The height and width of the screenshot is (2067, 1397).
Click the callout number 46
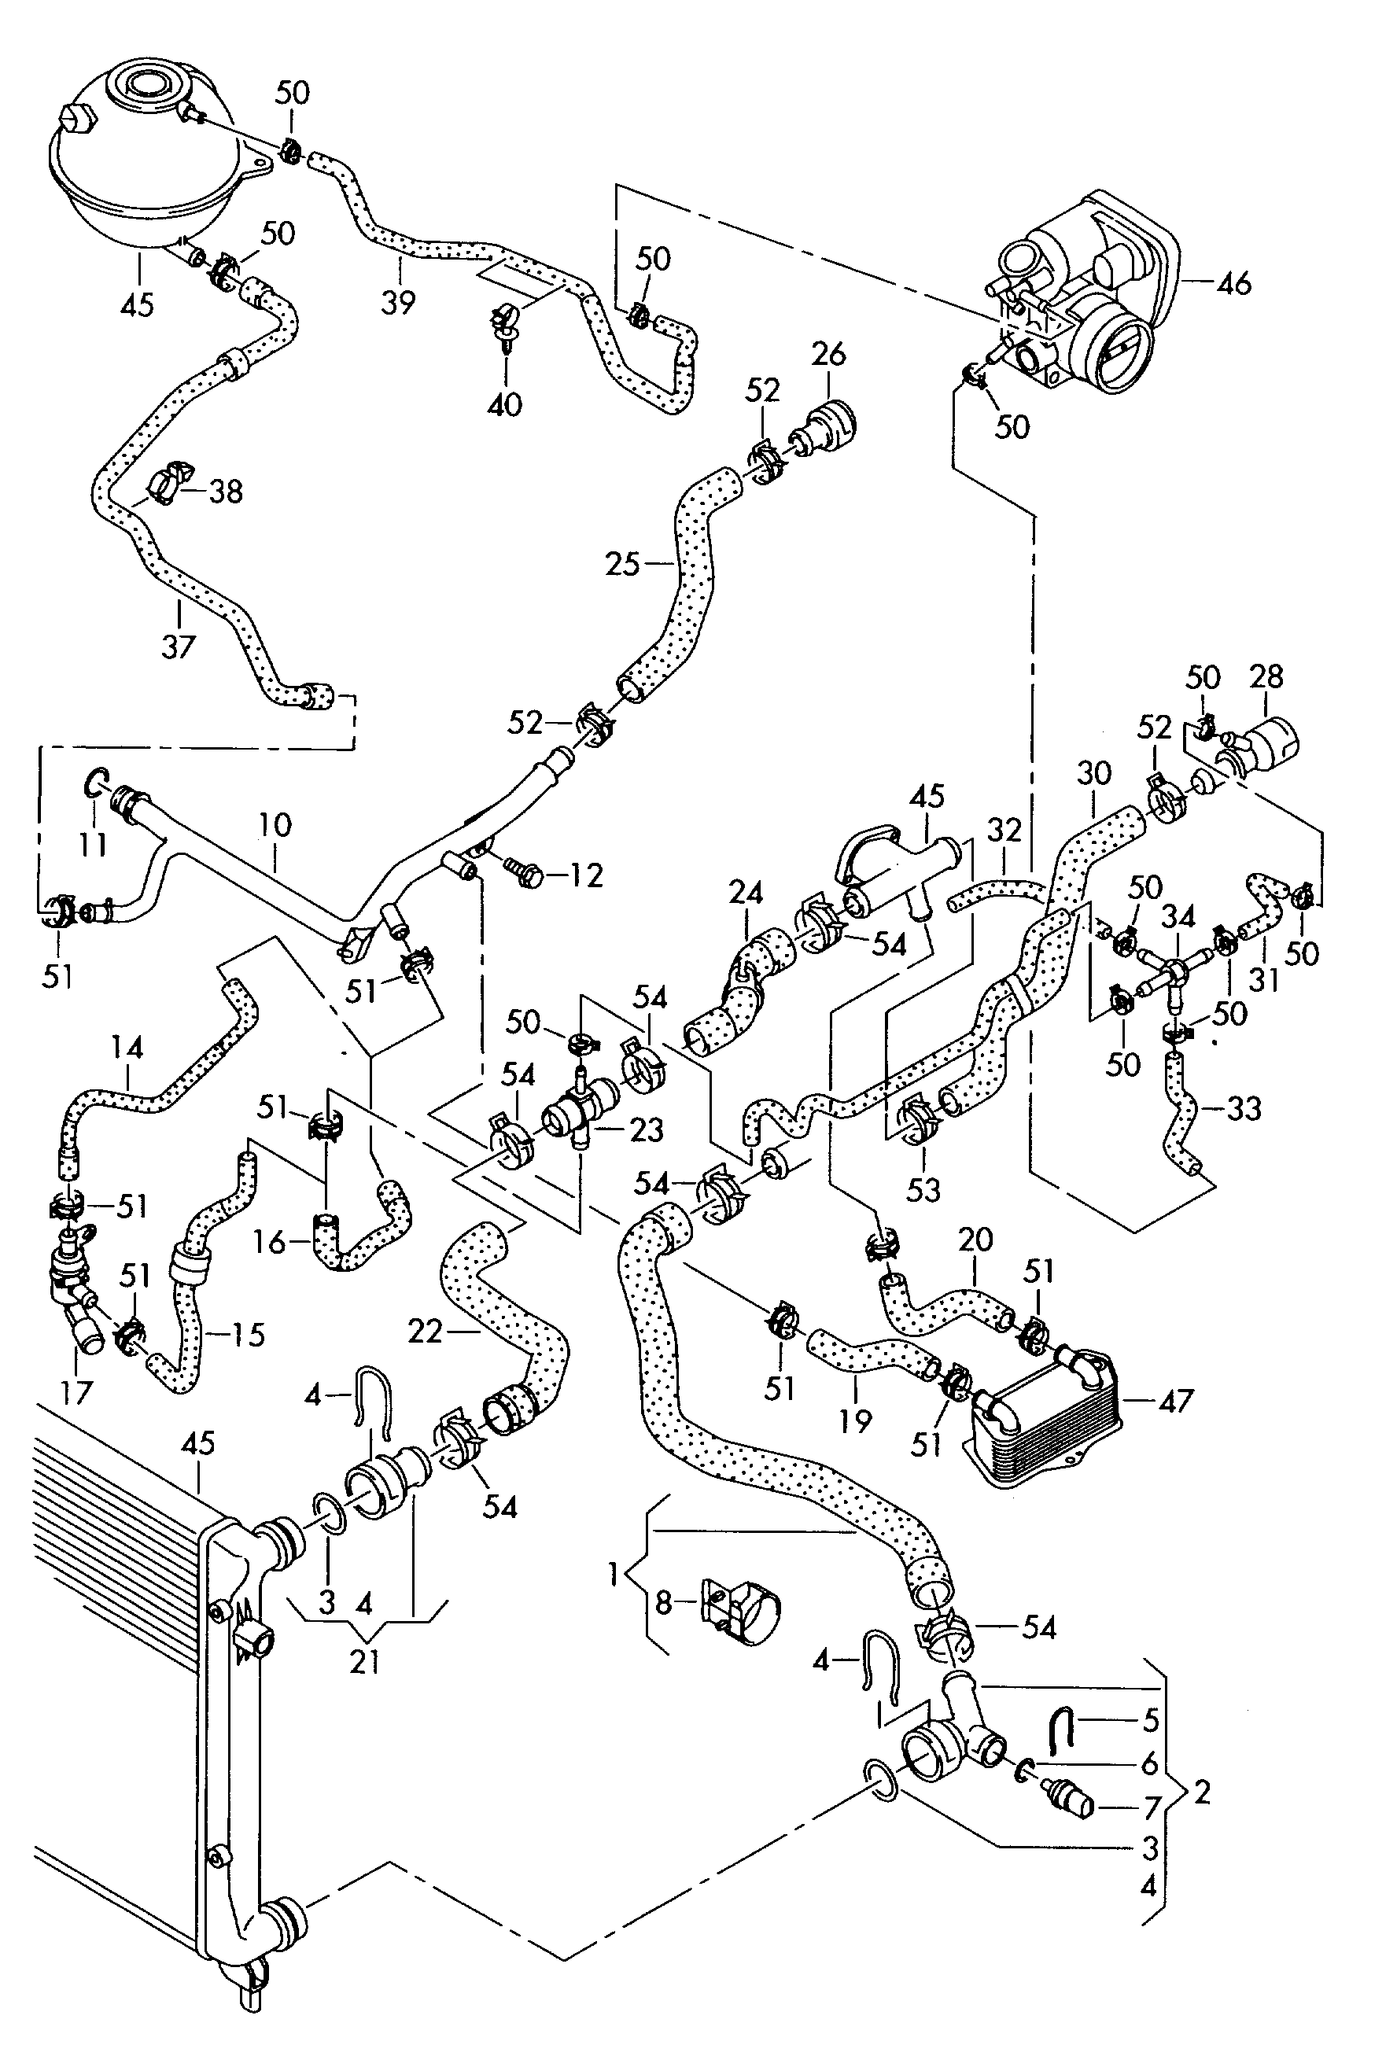[x=1233, y=284]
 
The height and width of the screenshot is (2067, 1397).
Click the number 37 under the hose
[x=178, y=646]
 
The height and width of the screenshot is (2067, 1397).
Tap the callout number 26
[x=829, y=354]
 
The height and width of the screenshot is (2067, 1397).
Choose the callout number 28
[x=1266, y=677]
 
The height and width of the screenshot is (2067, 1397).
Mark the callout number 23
[x=647, y=1129]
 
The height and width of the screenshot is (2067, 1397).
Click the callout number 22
[x=426, y=1332]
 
